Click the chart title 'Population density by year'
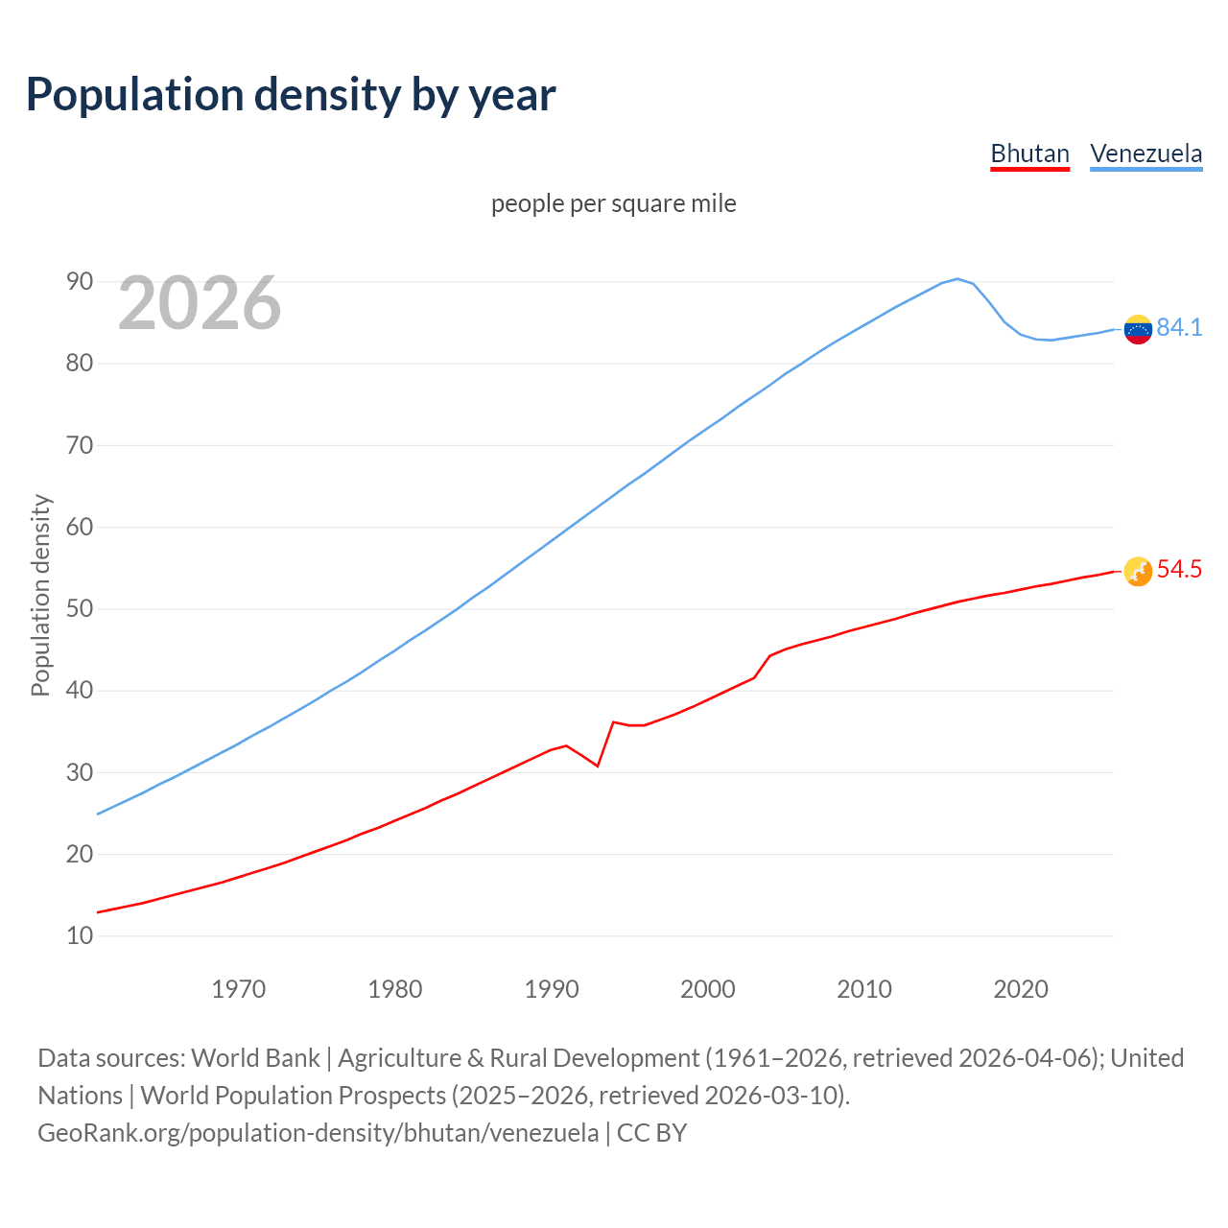(291, 94)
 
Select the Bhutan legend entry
(1029, 153)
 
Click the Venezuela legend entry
(1145, 153)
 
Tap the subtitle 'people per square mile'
(613, 203)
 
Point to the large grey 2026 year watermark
(200, 303)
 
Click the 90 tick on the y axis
(80, 281)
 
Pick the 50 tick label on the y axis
(80, 608)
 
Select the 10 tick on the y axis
(80, 935)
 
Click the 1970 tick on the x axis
(238, 989)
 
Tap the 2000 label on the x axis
(707, 989)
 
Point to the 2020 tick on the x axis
(1020, 989)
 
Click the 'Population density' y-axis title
(40, 595)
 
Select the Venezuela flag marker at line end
(1138, 329)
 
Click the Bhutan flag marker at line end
(1138, 572)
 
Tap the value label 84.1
(1179, 327)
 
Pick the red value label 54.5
(1179, 569)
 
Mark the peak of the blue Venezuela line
(957, 279)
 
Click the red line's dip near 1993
(598, 766)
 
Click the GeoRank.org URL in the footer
(318, 1132)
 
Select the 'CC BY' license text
(652, 1132)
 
